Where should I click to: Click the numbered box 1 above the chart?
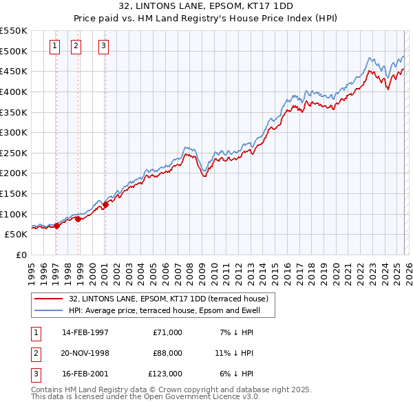(x=55, y=47)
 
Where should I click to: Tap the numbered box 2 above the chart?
(x=76, y=47)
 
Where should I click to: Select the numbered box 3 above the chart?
(x=103, y=47)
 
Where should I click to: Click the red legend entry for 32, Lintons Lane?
(x=172, y=299)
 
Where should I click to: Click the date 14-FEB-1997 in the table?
(x=85, y=332)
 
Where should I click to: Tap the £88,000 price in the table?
(x=167, y=353)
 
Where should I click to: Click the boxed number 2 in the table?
(x=34, y=353)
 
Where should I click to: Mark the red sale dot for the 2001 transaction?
(x=106, y=204)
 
